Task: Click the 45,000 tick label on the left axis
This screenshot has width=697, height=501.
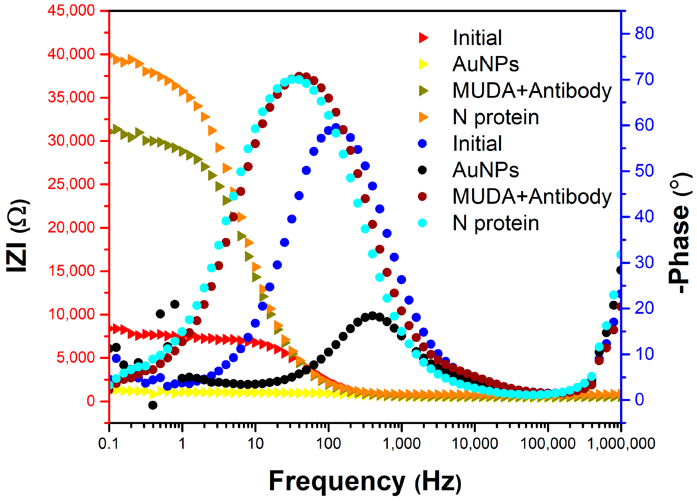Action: pos(71,11)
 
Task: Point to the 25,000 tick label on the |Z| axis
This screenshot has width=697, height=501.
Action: pos(71,184)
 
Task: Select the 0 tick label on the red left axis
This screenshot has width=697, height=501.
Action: pos(91,401)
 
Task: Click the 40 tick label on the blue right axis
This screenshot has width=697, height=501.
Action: pos(644,217)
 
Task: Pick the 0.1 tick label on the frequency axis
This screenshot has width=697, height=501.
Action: pos(108,444)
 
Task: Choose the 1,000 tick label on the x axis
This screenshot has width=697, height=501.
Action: pos(401,444)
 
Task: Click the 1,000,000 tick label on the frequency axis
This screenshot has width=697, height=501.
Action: pos(621,444)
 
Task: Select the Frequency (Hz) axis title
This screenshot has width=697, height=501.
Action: pos(365,481)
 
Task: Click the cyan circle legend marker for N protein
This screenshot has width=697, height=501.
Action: pos(422,223)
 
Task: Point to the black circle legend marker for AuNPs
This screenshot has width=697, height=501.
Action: pos(422,170)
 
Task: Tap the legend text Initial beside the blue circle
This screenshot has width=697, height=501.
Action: pos(477,143)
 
